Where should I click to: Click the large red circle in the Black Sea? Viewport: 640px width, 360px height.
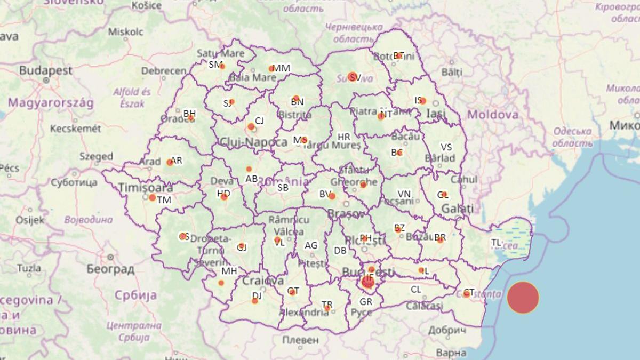523,298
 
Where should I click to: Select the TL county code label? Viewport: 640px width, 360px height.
496,243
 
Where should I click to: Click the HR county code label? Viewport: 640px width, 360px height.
344,137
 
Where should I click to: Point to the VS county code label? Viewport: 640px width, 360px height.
446,147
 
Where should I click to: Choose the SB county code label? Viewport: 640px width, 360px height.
283,187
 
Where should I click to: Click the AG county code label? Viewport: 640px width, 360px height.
310,245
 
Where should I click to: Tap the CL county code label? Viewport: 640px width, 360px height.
415,290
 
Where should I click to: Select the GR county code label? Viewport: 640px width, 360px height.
366,302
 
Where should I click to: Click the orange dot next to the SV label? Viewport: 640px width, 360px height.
352,76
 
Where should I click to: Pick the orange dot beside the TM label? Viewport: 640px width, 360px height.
153,198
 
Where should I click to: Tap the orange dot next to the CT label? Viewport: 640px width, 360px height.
467,294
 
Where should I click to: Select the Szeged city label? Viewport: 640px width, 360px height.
96,156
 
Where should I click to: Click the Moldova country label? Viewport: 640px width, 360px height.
492,114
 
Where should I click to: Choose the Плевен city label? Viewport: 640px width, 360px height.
300,340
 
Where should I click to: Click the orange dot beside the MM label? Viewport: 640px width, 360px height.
271,68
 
